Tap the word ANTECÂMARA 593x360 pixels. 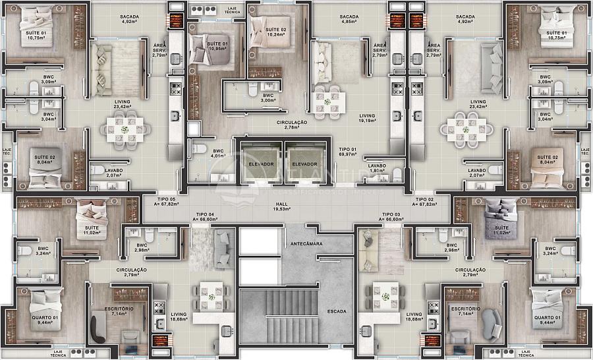tap(304, 244)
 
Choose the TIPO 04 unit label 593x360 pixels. tap(204, 216)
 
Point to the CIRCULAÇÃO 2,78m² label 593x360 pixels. tap(292, 124)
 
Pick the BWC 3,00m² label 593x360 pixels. tap(268, 98)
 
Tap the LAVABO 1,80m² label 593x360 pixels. tap(376, 168)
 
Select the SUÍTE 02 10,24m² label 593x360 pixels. tap(276, 33)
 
